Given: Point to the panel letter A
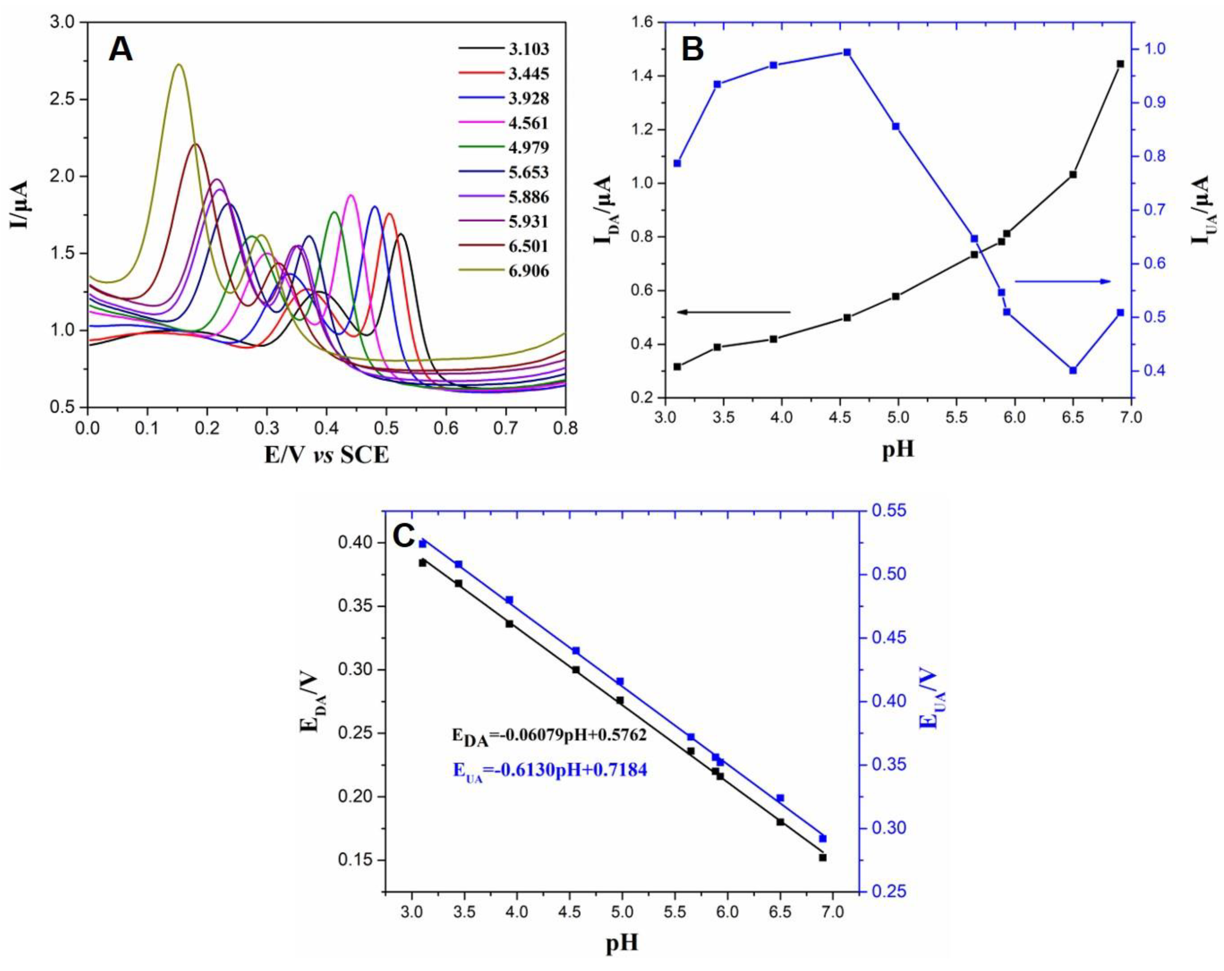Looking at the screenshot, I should [x=120, y=50].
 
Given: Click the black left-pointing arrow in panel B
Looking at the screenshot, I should [x=733, y=311].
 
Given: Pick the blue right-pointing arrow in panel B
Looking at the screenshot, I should [x=1062, y=281].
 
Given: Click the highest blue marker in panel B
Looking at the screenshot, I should [x=847, y=52].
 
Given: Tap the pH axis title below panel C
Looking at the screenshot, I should [x=622, y=943].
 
